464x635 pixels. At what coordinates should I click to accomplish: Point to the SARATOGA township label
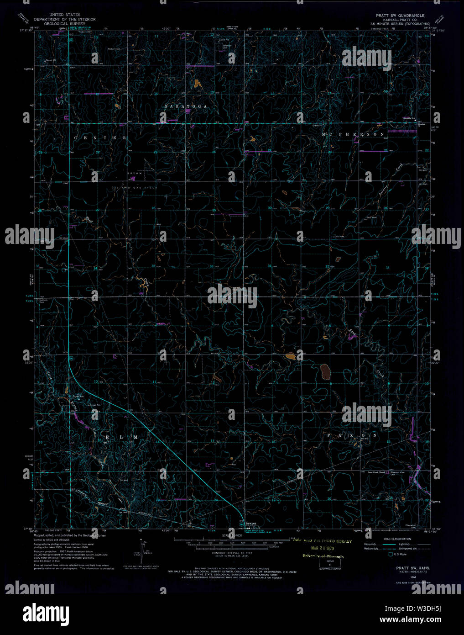tap(186, 106)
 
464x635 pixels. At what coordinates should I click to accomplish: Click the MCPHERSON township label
tap(353, 134)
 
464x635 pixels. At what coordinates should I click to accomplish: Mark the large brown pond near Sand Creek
tap(326, 372)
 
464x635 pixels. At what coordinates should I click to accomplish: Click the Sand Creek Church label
tap(377, 472)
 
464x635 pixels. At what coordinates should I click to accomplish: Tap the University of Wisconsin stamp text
tap(323, 556)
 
